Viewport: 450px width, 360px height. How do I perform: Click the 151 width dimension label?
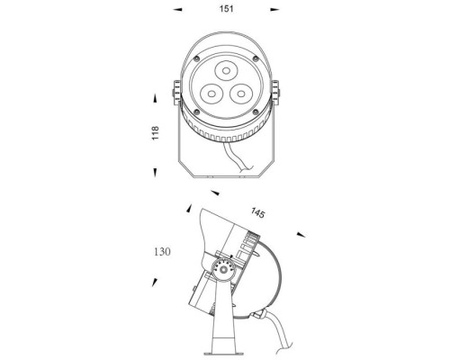[227, 9]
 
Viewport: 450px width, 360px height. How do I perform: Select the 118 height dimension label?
[155, 133]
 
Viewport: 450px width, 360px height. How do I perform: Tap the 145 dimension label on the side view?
[258, 212]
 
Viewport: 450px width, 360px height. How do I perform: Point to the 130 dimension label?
[162, 251]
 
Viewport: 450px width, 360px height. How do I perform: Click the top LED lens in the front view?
[226, 71]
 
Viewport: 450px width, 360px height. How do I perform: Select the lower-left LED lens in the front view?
[211, 94]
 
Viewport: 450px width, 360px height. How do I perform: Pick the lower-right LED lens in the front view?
[241, 94]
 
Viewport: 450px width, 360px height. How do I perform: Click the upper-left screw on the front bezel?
[196, 58]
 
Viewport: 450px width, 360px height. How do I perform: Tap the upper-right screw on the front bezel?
[256, 58]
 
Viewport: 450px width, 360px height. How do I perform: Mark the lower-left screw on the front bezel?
[197, 112]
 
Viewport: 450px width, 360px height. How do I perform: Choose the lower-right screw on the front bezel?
[256, 112]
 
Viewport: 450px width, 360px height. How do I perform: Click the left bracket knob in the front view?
[176, 93]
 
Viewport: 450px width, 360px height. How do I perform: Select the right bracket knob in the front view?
[275, 93]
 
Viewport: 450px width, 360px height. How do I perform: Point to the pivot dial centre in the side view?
[223, 270]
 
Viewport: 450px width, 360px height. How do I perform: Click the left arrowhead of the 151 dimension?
[177, 10]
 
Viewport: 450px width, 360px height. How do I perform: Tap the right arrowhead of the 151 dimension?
[274, 10]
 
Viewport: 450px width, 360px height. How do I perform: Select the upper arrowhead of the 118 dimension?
[155, 99]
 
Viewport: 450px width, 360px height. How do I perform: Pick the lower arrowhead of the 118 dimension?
[155, 172]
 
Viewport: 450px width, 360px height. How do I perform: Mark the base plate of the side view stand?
[223, 354]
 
